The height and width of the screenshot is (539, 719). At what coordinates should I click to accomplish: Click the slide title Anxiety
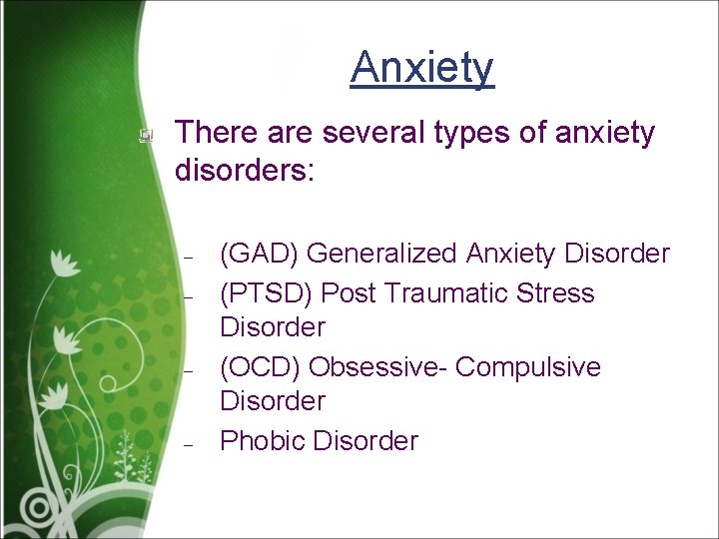pyautogui.click(x=422, y=68)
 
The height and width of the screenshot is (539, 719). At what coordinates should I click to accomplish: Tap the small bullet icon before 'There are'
pyautogui.click(x=146, y=134)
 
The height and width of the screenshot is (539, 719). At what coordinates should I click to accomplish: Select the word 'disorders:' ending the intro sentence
pyautogui.click(x=245, y=169)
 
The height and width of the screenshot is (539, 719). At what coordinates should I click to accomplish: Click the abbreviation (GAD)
pyautogui.click(x=259, y=255)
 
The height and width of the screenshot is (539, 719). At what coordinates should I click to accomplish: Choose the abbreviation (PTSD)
pyautogui.click(x=266, y=293)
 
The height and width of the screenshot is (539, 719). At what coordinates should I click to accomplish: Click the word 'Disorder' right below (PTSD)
pyautogui.click(x=272, y=327)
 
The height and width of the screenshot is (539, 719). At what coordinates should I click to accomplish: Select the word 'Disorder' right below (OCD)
pyautogui.click(x=272, y=401)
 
